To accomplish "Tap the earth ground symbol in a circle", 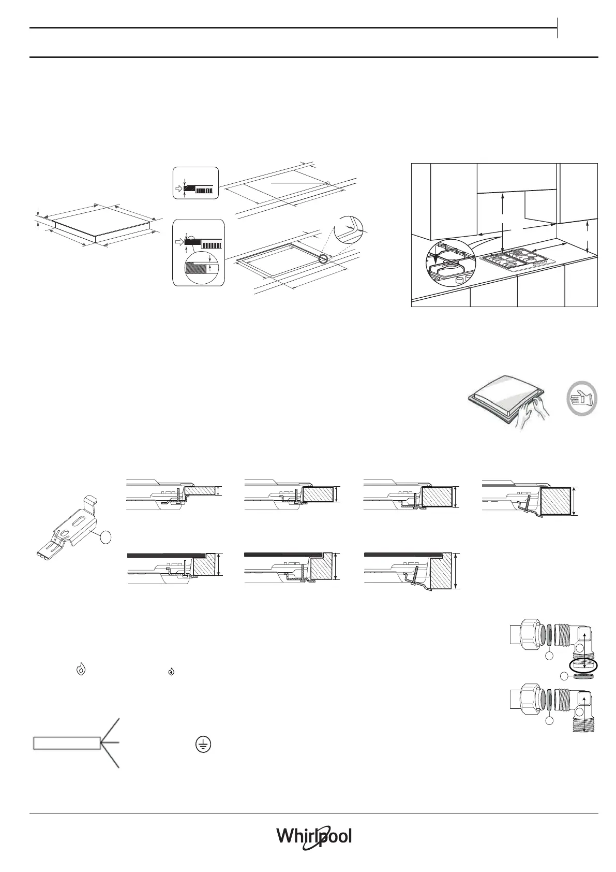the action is click(x=205, y=744).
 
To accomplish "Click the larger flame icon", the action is click(x=81, y=669).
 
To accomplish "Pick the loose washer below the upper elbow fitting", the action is click(x=583, y=676).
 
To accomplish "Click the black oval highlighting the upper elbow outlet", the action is click(x=583, y=664).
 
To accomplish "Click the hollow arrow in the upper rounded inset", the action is click(x=179, y=190).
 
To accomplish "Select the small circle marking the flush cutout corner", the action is click(x=324, y=258).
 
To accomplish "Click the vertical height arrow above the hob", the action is click(x=503, y=215).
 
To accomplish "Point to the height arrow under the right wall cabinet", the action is click(x=589, y=236).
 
